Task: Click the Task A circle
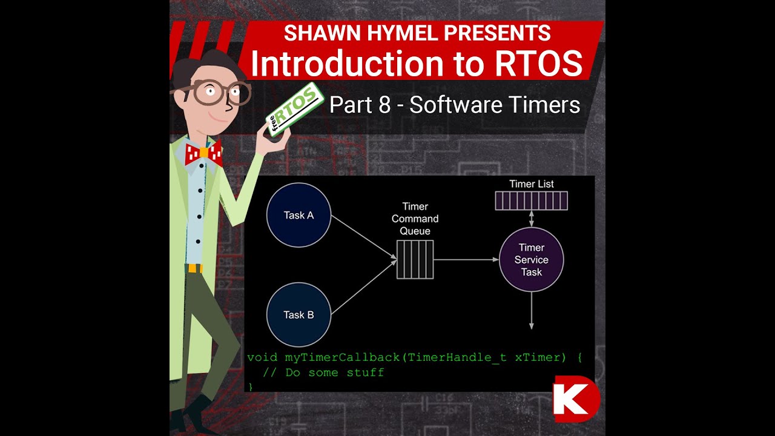[x=298, y=216]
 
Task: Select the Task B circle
[x=298, y=315]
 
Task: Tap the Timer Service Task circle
[x=532, y=260]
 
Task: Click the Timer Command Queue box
[x=415, y=260]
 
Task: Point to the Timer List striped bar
[x=532, y=200]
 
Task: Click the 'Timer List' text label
[x=532, y=184]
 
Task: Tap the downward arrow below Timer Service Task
[x=532, y=310]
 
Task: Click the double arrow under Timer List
[x=532, y=219]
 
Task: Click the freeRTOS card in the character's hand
[x=293, y=110]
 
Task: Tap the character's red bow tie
[x=203, y=154]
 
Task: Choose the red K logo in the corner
[x=575, y=399]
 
